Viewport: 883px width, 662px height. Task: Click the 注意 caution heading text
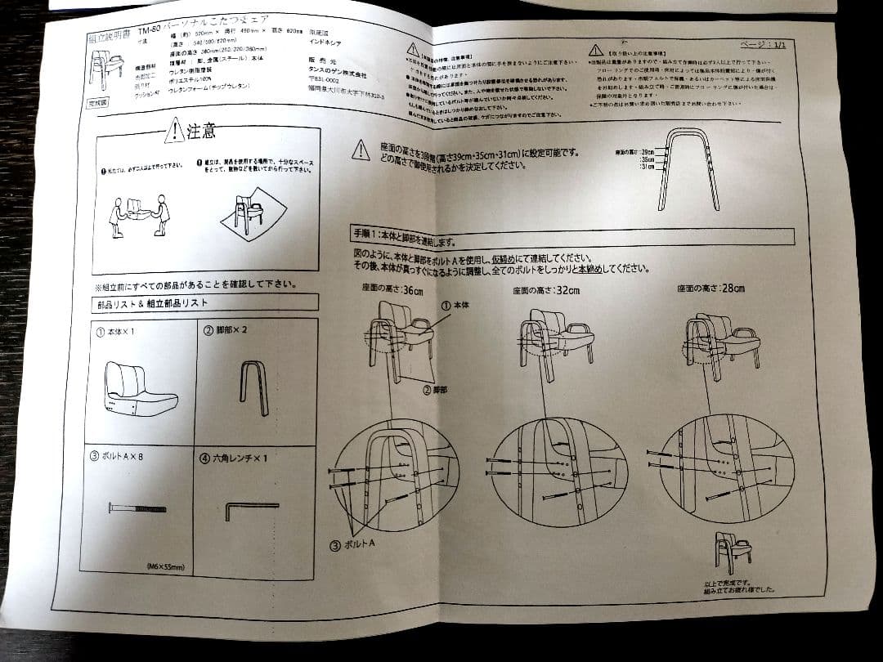click(201, 131)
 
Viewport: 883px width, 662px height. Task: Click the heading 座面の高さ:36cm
click(393, 289)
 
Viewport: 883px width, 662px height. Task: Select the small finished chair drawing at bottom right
click(732, 552)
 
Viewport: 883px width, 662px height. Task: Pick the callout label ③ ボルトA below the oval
click(356, 545)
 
